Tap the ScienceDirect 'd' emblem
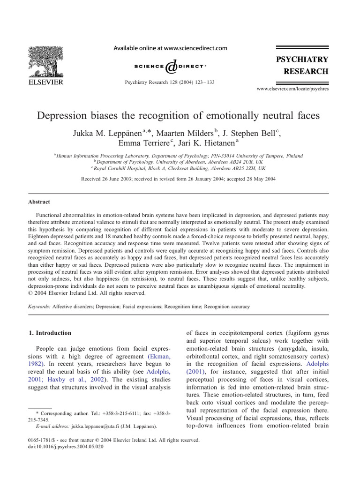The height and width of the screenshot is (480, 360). (172, 67)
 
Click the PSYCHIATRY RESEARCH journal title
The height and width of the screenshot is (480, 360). (301, 66)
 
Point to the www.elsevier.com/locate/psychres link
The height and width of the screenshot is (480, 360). (293, 88)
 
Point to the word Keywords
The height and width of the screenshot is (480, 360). (39, 307)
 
